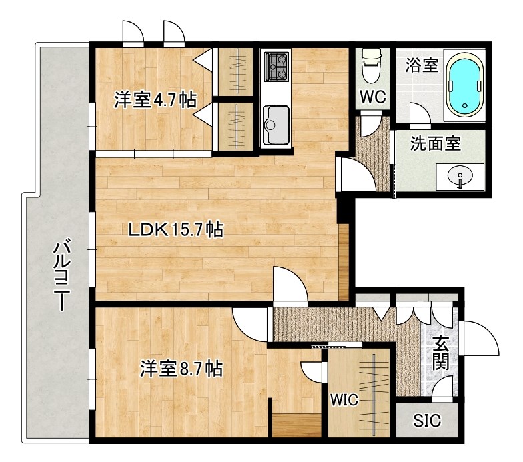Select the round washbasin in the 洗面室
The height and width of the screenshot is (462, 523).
click(x=459, y=177)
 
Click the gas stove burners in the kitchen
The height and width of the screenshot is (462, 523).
click(x=276, y=65)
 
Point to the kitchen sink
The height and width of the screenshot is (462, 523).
click(x=274, y=123)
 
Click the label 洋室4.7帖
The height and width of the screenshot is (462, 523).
click(x=154, y=100)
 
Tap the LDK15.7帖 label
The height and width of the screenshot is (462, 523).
click(x=175, y=230)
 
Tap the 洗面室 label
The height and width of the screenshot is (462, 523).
click(x=436, y=142)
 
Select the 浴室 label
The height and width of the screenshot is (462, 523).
click(x=422, y=65)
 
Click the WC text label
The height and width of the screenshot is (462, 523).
click(x=373, y=97)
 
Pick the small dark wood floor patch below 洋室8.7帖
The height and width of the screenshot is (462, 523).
click(x=298, y=425)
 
